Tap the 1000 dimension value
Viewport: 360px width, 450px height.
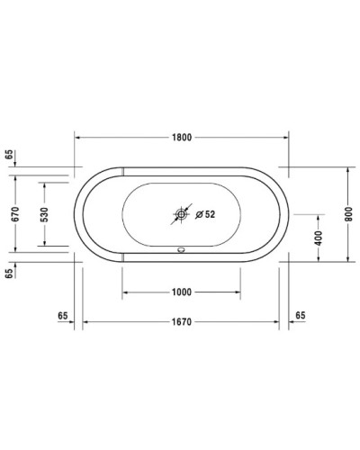(181, 292)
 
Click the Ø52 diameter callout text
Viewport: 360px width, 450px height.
(206, 214)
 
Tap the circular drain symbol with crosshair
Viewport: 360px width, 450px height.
(181, 214)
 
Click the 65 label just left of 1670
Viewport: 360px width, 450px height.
(63, 316)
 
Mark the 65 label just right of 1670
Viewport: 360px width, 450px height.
(300, 316)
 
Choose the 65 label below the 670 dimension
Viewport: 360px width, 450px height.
(10, 274)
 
